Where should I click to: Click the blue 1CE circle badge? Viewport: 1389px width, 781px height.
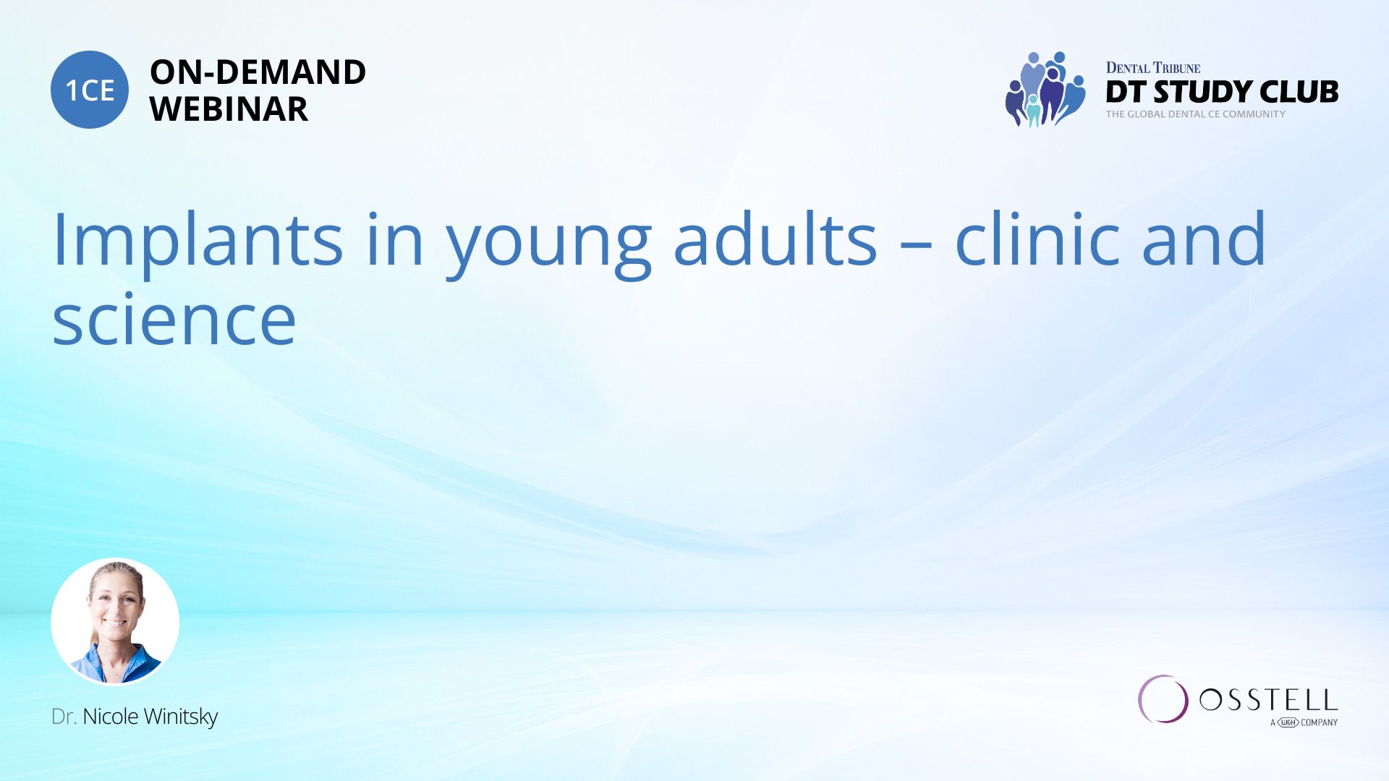pyautogui.click(x=90, y=90)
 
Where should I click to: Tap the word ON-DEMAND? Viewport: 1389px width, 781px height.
pyautogui.click(x=258, y=72)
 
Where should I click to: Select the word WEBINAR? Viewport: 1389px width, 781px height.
pyautogui.click(x=229, y=109)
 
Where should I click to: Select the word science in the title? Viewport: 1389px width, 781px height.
pyautogui.click(x=174, y=320)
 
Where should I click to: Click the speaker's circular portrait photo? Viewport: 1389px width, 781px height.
pyautogui.click(x=115, y=621)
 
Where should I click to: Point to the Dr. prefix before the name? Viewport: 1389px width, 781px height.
pyautogui.click(x=64, y=717)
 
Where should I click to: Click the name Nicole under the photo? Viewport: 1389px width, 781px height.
pyautogui.click(x=111, y=717)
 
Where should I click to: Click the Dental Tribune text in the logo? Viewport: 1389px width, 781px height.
pyautogui.click(x=1153, y=68)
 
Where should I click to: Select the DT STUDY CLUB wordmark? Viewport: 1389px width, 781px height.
pyautogui.click(x=1222, y=92)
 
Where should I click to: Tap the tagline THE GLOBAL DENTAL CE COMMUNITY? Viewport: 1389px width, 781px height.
pyautogui.click(x=1196, y=114)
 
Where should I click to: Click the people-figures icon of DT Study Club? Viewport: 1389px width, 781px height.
pyautogui.click(x=1045, y=89)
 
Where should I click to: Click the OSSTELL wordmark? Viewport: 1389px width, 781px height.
pyautogui.click(x=1269, y=700)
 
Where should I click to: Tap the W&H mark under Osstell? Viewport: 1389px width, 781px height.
pyautogui.click(x=1288, y=722)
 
